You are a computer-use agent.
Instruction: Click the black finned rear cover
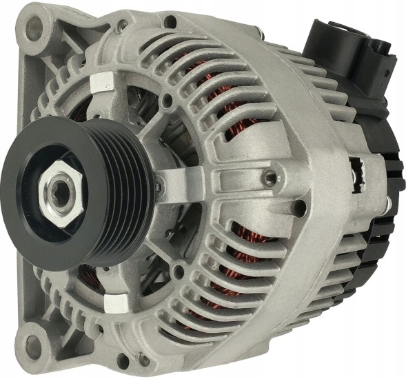click(376, 207)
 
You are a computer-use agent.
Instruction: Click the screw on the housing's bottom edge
click(143, 357)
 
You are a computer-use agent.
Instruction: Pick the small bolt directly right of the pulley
click(159, 185)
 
